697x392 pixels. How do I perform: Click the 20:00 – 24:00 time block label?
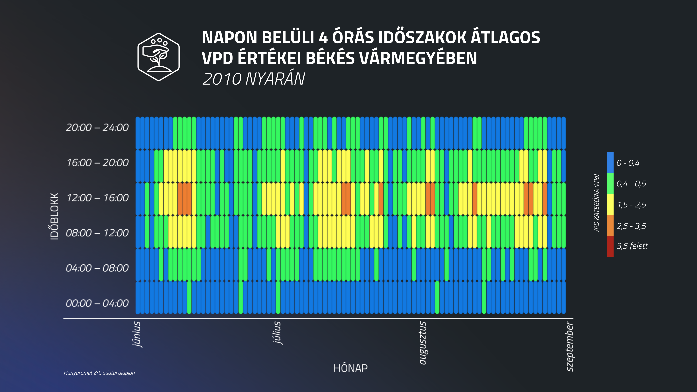97,127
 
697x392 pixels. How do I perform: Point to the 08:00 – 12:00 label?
97,233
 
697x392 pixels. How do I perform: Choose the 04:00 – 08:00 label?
97,268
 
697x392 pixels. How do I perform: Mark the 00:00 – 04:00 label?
97,303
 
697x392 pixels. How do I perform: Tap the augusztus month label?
422,343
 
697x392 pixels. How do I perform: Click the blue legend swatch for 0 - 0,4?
610,163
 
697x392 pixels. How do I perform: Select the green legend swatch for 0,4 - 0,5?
610,183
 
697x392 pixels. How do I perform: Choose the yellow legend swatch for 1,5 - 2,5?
610,205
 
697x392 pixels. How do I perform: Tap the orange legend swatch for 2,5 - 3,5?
610,226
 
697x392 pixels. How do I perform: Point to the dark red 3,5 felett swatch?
610,246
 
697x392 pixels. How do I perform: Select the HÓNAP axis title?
350,368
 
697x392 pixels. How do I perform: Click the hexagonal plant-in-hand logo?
159,57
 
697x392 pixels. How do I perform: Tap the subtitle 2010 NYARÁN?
254,79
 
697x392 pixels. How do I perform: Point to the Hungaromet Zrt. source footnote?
99,373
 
